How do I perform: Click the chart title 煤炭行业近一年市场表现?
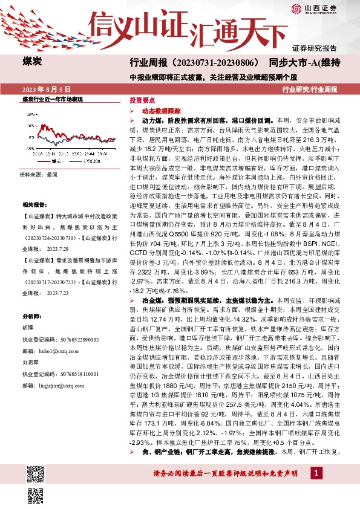tap(52, 99)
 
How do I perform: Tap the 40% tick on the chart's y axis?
tap(29, 113)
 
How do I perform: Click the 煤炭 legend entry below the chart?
tap(54, 161)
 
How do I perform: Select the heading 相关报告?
tap(33, 206)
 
